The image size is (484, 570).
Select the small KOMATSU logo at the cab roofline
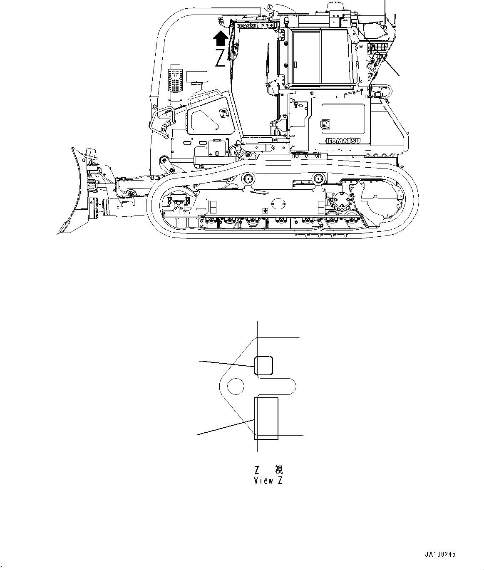tap(247, 26)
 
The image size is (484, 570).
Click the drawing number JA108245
tap(440, 554)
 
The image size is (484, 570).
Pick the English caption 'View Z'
tap(268, 481)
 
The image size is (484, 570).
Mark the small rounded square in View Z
tap(263, 365)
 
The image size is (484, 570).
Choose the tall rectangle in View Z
tap(266, 418)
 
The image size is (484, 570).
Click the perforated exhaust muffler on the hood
tap(176, 80)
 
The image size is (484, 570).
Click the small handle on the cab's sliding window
tap(296, 64)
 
